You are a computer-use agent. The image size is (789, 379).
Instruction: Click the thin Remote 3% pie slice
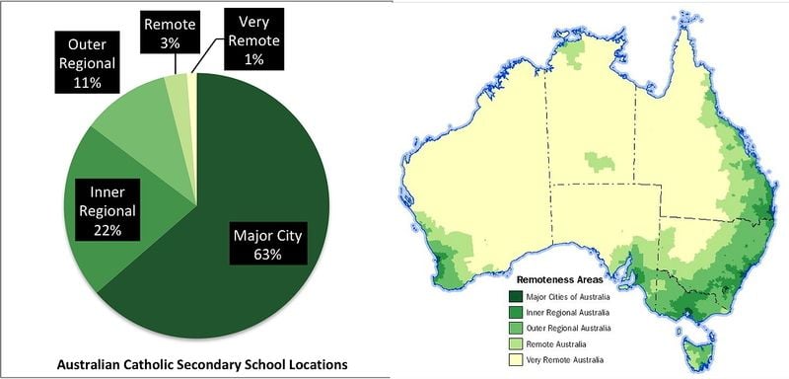click(x=178, y=87)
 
